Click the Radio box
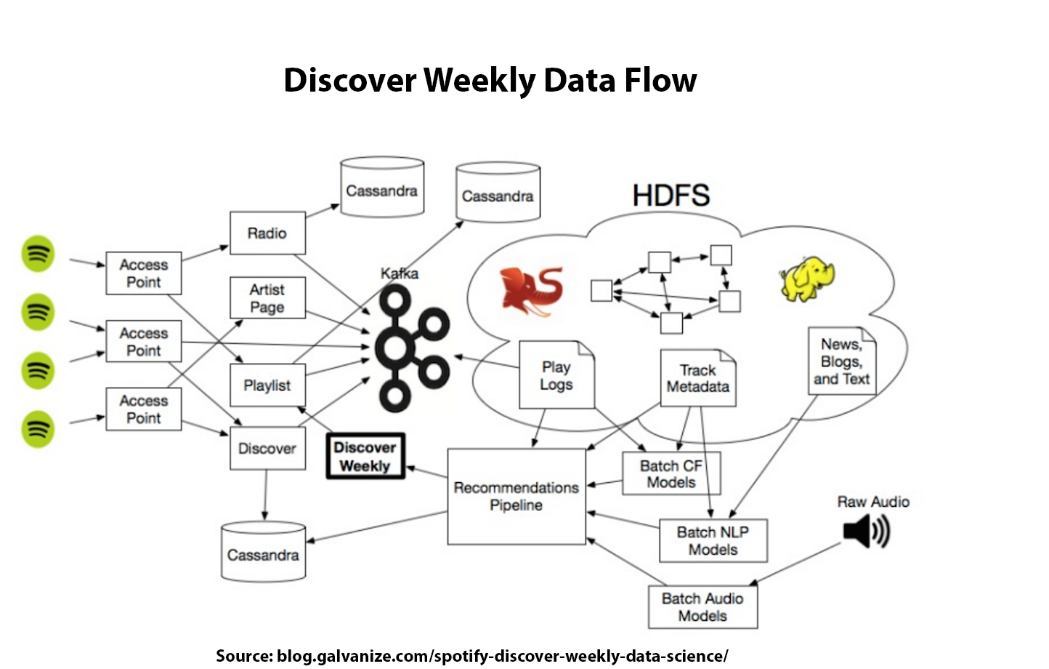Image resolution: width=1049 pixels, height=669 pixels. click(267, 233)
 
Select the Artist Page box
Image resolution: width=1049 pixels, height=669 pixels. click(267, 298)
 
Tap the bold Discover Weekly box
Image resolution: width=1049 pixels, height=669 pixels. click(365, 457)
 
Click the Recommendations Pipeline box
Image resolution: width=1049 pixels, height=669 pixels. click(516, 496)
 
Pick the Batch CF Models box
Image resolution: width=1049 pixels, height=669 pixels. click(671, 473)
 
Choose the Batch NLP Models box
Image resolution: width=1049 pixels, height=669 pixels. click(713, 540)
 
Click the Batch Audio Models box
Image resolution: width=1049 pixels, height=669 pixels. click(702, 607)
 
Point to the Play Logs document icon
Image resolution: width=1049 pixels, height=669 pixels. click(556, 375)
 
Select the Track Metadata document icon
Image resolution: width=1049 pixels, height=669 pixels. click(697, 378)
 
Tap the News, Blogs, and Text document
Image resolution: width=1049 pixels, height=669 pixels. click(842, 361)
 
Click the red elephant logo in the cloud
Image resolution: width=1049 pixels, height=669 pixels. click(532, 291)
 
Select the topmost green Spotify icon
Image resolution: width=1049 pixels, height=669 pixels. click(38, 254)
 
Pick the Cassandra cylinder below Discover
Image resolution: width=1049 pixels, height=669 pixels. click(263, 552)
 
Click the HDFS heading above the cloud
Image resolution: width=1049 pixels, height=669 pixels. click(671, 196)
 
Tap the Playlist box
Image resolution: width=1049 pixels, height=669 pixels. click(267, 385)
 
